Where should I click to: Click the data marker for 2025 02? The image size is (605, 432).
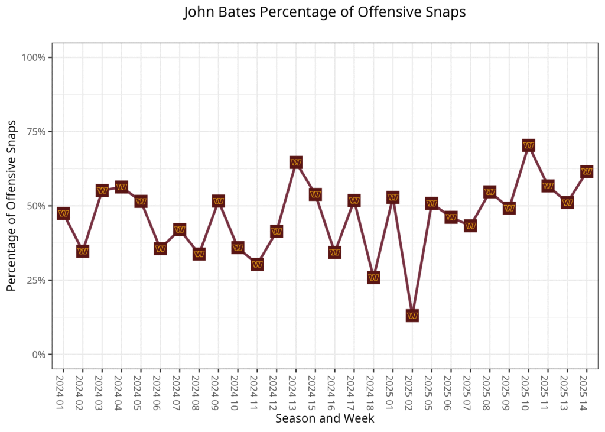click(412, 316)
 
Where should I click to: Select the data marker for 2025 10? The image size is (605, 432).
click(529, 145)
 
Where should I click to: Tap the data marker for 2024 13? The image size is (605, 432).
click(296, 163)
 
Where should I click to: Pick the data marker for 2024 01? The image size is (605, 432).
click(63, 213)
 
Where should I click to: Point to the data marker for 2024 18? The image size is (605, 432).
click(373, 278)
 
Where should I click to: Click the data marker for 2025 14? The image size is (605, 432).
click(587, 172)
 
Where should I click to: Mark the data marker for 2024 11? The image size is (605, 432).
click(257, 265)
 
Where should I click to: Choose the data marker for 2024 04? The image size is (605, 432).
click(122, 187)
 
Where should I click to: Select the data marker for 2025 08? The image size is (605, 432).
click(490, 192)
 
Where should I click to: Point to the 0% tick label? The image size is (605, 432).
click(40, 355)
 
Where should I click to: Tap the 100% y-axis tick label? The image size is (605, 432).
click(34, 57)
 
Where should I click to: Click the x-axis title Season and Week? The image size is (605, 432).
click(324, 418)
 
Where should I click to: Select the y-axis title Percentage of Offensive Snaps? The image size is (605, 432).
click(11, 206)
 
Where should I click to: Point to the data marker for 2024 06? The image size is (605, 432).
click(160, 249)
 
